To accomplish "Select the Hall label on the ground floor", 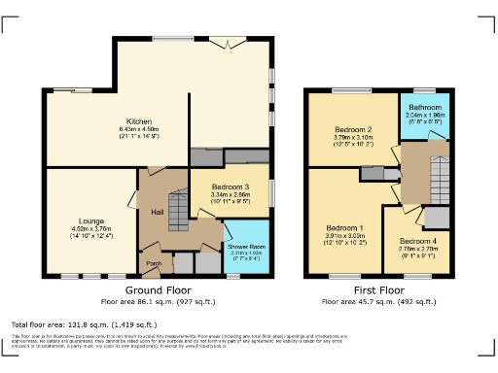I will [157, 212].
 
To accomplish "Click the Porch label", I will [154, 263].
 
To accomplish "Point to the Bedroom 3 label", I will [230, 186].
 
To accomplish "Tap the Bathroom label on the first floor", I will [424, 107].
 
